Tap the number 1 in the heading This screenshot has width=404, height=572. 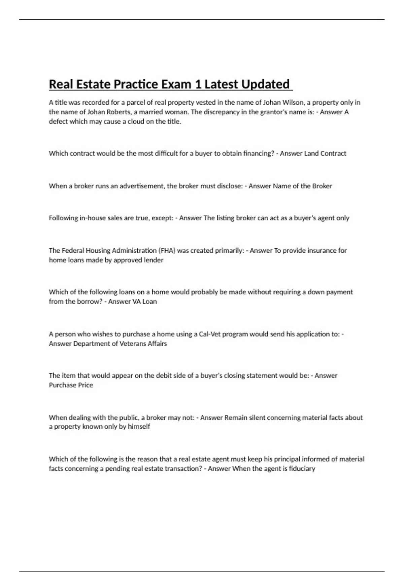point(199,84)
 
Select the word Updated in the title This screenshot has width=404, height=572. point(265,84)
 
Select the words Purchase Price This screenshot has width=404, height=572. point(71,385)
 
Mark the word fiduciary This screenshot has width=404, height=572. point(302,469)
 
